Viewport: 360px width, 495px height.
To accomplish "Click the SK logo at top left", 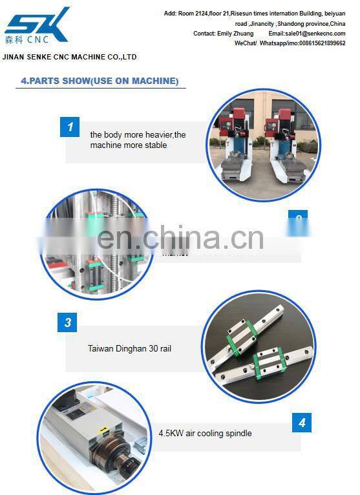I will click(36, 24).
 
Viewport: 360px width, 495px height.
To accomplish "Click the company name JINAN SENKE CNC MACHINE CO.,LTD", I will click(70, 57).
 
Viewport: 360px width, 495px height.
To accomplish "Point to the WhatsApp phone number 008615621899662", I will click(319, 43).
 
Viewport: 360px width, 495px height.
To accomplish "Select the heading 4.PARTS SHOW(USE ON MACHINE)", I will click(100, 81).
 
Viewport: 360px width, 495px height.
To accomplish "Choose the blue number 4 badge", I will click(301, 423).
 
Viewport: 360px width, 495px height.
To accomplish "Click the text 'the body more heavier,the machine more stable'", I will click(138, 140).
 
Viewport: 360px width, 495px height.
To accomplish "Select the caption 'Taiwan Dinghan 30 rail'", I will click(129, 348).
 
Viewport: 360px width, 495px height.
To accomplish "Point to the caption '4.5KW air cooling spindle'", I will click(205, 433).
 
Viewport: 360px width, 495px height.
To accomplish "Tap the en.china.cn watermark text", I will click(180, 238).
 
